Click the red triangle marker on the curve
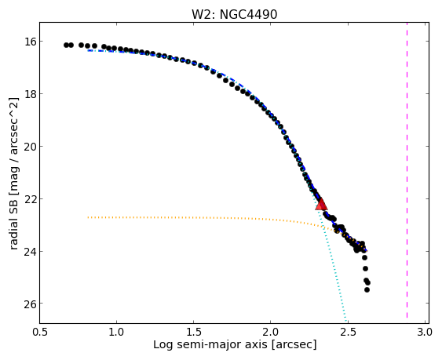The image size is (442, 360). [321, 205]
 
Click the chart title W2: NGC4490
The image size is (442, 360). [234, 15]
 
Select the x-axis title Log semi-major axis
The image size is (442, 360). [235, 344]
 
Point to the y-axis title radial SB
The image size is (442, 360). [13, 174]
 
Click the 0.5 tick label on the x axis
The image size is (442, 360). [40, 332]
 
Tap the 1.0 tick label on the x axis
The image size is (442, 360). [116, 332]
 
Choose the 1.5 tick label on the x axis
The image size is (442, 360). [193, 332]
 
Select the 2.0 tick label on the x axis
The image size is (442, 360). [271, 332]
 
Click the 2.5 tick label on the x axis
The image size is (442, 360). [348, 332]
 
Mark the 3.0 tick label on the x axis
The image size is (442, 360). [425, 332]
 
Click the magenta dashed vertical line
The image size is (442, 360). [407, 170]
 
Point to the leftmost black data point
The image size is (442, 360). [66, 45]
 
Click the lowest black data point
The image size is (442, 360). [367, 289]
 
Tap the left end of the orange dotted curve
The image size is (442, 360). [88, 217]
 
